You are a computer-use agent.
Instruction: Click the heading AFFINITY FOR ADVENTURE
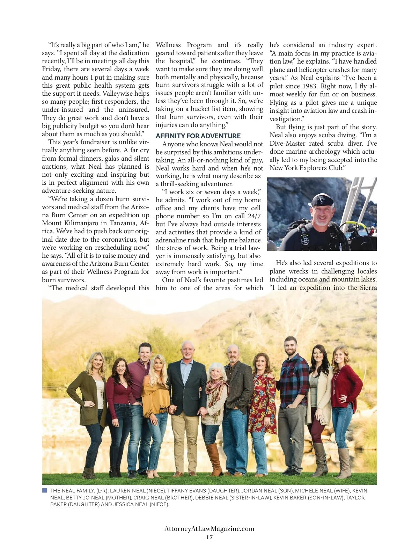coord(198,136)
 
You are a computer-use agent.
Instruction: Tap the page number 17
coord(209,537)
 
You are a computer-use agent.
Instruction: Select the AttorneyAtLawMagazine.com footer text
coord(209,528)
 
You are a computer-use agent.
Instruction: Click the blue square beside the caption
coord(44,490)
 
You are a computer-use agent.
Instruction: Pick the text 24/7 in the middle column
coord(254,216)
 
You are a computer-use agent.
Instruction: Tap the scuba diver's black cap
coord(321,200)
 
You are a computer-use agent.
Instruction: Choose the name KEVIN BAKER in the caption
coord(289,497)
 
